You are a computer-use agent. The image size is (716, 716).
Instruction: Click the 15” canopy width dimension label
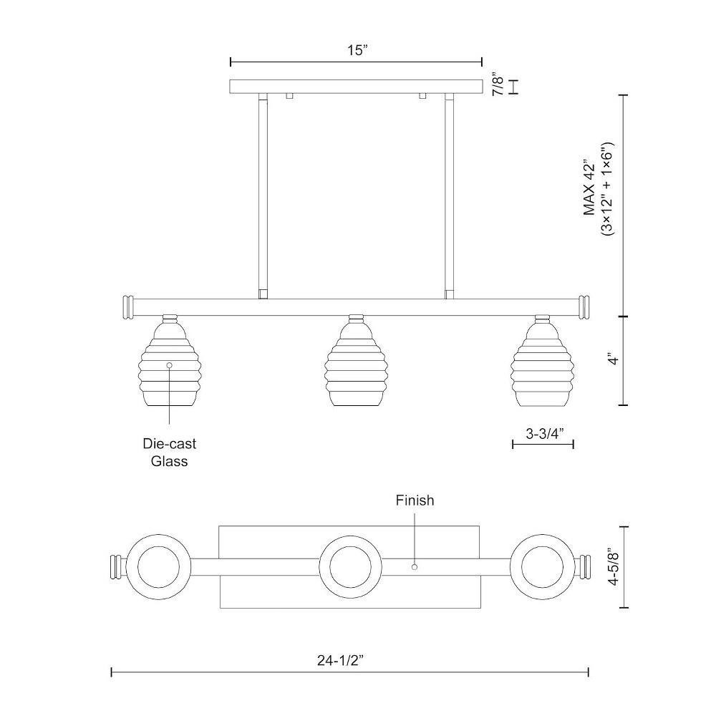[357, 50]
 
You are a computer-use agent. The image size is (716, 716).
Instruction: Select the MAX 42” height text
[590, 188]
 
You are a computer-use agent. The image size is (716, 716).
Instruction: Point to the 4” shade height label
[614, 359]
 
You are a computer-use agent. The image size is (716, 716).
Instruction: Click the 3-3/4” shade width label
[544, 433]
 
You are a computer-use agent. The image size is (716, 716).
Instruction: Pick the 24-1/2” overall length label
[341, 660]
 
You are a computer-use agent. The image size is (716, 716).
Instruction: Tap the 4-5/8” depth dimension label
[614, 569]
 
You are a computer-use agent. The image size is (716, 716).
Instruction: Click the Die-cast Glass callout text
[170, 452]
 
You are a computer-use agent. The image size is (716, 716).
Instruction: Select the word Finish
[415, 500]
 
